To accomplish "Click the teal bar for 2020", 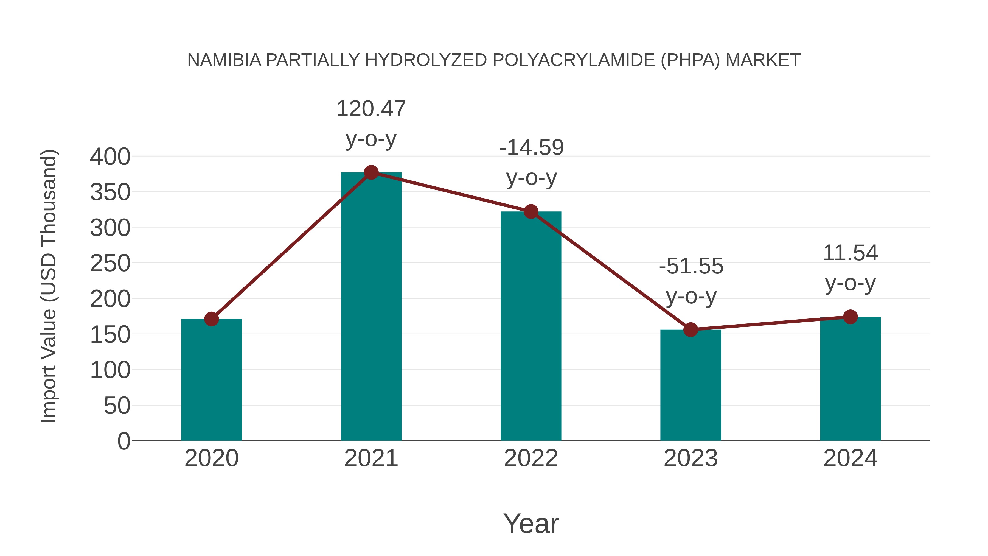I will (211, 380).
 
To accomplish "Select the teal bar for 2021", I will (371, 307).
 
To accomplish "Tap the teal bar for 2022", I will (531, 326).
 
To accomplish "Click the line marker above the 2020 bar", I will (211, 319).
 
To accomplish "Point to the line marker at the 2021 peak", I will (371, 173).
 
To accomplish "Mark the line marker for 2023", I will (691, 329).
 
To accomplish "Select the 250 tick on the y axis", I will (110, 264).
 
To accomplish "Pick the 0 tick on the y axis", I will (123, 441).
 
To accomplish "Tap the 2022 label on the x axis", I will (531, 458).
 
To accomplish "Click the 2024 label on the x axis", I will (850, 458).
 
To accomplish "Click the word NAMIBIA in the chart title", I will (224, 60).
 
